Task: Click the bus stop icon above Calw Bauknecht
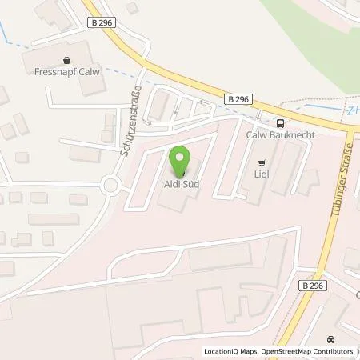(281, 122)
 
